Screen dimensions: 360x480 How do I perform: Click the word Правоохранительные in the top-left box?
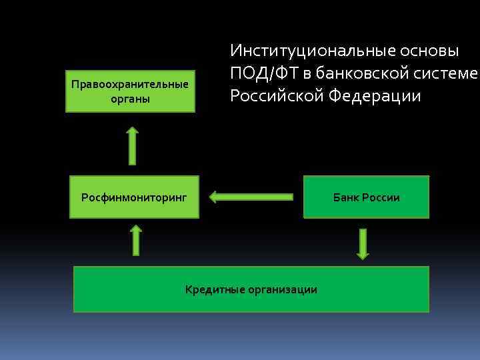[130, 85]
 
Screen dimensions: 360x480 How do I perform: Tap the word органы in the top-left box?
[130, 99]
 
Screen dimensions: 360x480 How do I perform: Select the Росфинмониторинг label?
[134, 197]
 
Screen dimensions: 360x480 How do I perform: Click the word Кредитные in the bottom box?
[214, 289]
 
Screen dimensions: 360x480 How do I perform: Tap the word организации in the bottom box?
[281, 289]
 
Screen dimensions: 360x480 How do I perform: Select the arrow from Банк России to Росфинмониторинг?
[251, 197]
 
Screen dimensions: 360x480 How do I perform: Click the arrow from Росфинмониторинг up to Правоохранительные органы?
[132, 145]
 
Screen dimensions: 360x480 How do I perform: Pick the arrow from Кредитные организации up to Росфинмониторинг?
[136, 240]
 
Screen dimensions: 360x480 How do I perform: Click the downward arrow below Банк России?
[362, 243]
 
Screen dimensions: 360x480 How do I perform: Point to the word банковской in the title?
[365, 73]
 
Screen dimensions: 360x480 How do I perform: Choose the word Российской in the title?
[277, 96]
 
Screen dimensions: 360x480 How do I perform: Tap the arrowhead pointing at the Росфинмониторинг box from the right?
[213, 197]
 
